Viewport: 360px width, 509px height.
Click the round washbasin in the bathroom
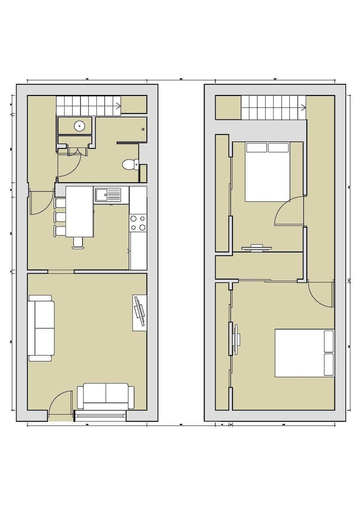click(x=79, y=126)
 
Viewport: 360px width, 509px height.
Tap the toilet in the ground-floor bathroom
click(x=130, y=165)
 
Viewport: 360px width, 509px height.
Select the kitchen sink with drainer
click(x=108, y=195)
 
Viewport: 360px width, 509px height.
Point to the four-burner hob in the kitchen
click(x=138, y=223)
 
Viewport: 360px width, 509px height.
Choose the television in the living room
click(x=139, y=312)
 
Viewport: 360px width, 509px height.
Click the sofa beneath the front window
click(x=105, y=396)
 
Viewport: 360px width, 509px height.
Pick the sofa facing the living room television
click(x=41, y=328)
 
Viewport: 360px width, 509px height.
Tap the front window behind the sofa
click(x=100, y=414)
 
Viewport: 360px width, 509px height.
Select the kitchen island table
click(x=79, y=212)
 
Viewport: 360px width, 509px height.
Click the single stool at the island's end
click(x=78, y=243)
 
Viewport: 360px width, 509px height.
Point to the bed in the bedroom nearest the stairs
click(x=267, y=172)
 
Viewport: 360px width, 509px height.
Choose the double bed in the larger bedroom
click(x=304, y=353)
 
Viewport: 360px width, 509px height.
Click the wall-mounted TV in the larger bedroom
click(x=236, y=339)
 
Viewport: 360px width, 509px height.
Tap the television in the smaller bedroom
click(x=256, y=247)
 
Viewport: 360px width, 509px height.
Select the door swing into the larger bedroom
click(x=320, y=294)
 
